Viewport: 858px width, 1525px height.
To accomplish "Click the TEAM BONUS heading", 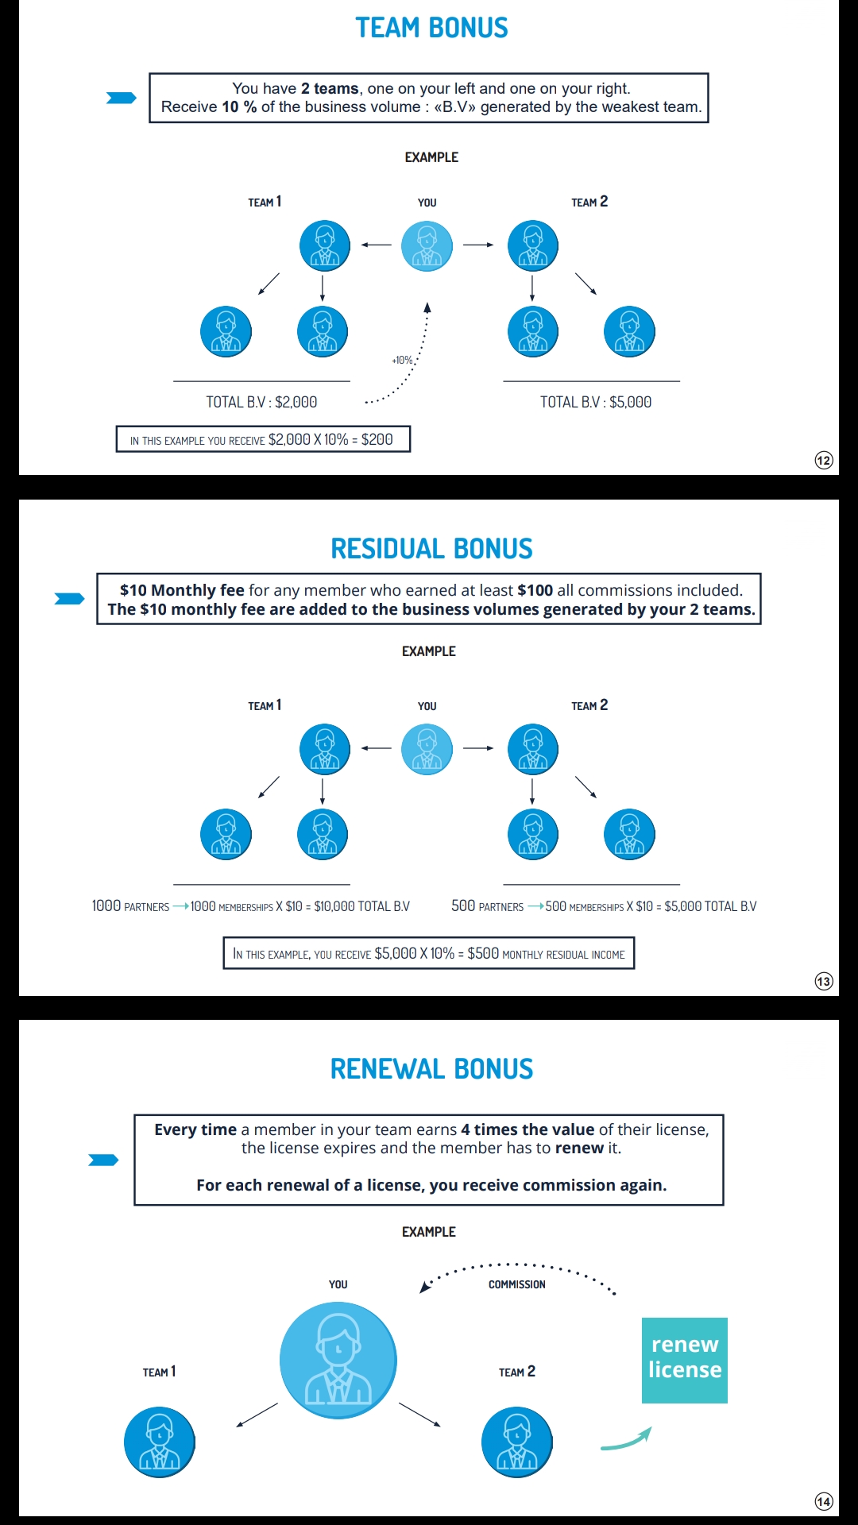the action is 431,28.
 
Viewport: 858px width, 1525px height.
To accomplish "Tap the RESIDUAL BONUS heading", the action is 431,549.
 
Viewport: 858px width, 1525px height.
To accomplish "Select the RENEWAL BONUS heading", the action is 431,1069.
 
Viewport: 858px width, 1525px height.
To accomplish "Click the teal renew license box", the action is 685,1361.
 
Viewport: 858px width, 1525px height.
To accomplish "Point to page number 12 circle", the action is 824,460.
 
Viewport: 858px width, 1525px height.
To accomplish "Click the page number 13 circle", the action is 824,981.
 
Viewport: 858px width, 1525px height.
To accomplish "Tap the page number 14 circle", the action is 824,1501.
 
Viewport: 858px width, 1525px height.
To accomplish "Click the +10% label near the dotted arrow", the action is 403,360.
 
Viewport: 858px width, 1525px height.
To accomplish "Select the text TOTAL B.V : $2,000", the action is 261,402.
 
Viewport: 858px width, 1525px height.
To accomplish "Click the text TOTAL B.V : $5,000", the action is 596,402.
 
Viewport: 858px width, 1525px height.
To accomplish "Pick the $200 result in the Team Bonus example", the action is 377,439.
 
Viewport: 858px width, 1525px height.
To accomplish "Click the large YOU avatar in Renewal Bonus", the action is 338,1361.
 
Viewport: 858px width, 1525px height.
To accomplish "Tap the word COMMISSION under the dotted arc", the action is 517,1284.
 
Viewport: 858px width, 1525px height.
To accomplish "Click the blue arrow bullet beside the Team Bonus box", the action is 122,98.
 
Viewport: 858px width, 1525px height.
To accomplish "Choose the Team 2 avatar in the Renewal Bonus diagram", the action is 517,1442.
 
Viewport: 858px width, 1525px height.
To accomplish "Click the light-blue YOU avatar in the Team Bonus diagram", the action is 427,245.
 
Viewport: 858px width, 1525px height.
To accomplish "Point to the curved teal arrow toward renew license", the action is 627,1439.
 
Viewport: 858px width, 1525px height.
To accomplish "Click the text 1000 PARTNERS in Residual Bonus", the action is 130,906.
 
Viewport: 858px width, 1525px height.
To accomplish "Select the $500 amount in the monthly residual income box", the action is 483,953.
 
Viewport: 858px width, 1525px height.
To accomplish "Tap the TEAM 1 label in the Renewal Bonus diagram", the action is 159,1372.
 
